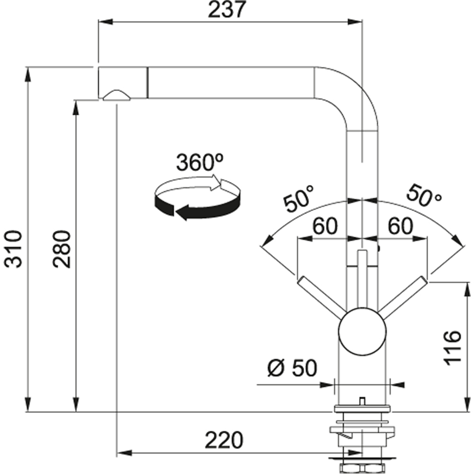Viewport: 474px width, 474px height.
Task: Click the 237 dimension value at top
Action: (x=226, y=9)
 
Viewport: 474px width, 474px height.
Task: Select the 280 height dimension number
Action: (x=61, y=249)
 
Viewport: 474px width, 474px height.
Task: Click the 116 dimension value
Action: (x=453, y=347)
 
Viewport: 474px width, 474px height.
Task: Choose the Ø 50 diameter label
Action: (x=292, y=368)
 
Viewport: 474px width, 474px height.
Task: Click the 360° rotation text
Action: (x=200, y=162)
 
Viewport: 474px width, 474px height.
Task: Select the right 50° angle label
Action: (x=424, y=196)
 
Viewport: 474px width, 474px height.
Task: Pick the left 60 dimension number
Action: (x=325, y=226)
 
